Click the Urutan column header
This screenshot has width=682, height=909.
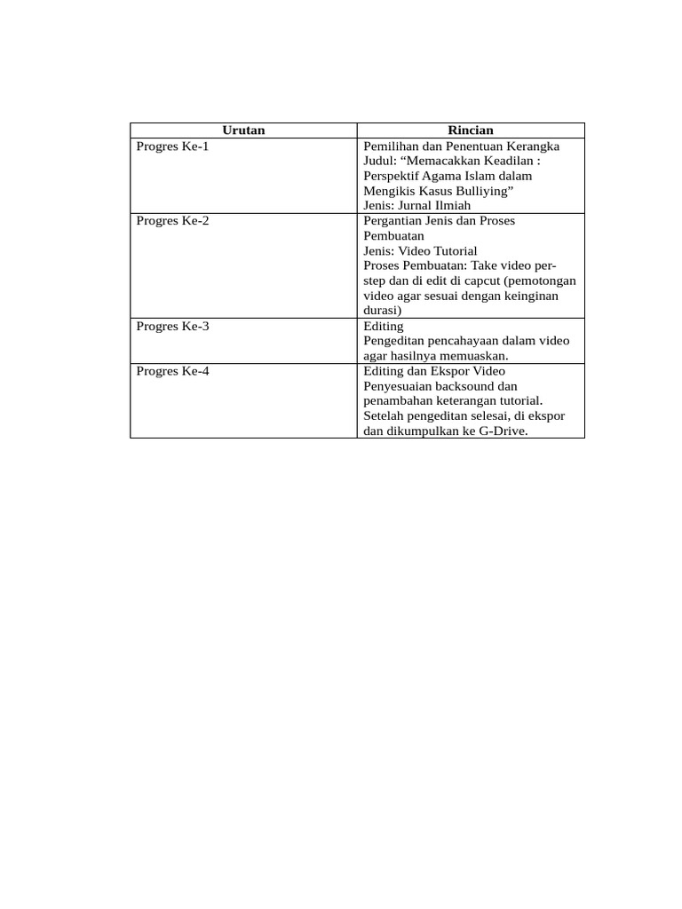243,130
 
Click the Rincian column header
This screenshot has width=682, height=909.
471,130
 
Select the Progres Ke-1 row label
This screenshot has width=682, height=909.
172,146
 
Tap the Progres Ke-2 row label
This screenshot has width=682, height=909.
172,221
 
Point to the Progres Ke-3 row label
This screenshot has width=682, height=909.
172,326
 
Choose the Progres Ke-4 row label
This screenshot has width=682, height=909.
172,371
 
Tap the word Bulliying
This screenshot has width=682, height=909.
480,191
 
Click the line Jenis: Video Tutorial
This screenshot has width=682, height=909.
420,251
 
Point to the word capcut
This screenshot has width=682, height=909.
480,281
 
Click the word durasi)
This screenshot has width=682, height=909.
383,311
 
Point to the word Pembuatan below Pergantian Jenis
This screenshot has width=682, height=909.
393,236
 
